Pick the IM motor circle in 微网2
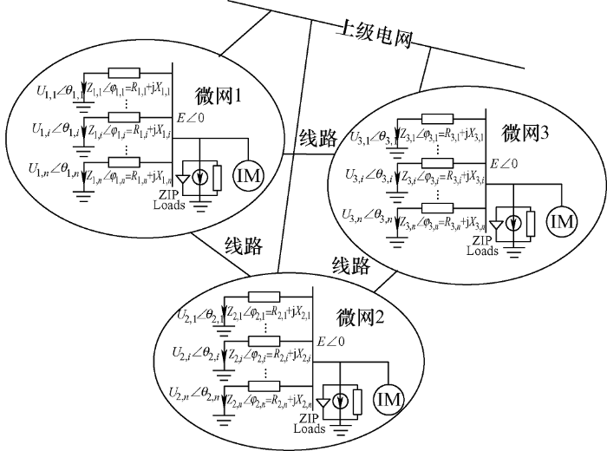(388, 400)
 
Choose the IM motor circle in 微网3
(561, 221)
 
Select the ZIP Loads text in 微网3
(480, 247)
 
